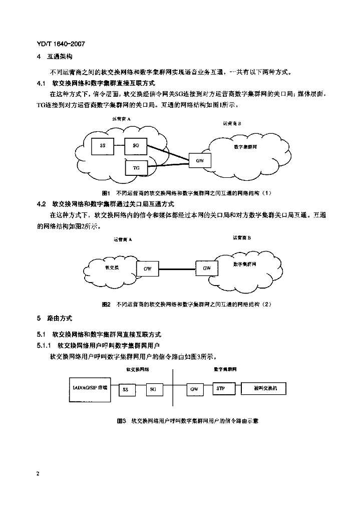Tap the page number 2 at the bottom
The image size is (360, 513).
[38, 473]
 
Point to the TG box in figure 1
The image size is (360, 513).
[136, 168]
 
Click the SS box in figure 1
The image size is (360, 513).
[103, 145]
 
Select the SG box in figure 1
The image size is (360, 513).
[136, 145]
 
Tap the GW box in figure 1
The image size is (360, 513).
[200, 161]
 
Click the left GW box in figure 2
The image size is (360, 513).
[147, 269]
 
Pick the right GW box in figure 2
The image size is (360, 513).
[207, 268]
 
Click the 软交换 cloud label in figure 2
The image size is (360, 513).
[112, 268]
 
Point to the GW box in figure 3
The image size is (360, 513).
[194, 389]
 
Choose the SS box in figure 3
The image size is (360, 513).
[126, 389]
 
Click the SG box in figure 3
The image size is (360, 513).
[153, 389]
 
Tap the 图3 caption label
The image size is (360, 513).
[121, 421]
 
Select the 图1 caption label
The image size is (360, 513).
[106, 193]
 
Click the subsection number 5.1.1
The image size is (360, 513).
[45, 346]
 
